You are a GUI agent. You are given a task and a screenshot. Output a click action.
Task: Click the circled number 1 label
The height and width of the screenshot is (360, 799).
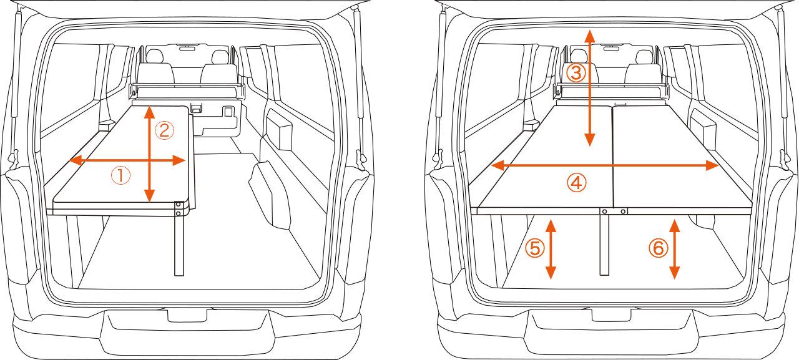tap(120, 176)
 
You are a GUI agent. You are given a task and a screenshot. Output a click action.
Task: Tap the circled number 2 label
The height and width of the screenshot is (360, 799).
tap(164, 130)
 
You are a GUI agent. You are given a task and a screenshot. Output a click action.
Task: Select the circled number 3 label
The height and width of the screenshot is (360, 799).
tap(576, 73)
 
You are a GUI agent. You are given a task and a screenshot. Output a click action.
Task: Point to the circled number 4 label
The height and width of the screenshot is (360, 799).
tap(576, 183)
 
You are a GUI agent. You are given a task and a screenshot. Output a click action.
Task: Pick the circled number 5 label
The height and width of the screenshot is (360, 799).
tap(535, 248)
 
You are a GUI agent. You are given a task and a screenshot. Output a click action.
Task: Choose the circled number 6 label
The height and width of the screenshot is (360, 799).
tap(658, 248)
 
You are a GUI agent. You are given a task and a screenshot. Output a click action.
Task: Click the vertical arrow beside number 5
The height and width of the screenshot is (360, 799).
tap(551, 249)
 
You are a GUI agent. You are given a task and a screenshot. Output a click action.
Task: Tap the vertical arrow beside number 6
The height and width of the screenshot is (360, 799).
tap(674, 249)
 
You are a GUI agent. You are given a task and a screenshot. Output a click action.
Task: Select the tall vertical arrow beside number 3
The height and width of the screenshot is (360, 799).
tap(590, 88)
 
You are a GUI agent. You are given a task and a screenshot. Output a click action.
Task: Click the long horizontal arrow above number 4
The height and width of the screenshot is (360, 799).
tap(605, 165)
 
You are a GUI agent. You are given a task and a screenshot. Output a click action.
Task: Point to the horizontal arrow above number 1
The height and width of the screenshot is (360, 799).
tap(127, 160)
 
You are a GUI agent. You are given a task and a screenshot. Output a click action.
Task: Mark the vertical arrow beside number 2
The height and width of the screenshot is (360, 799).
tap(149, 154)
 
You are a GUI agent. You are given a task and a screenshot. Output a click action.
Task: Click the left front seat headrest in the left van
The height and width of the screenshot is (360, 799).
tap(154, 56)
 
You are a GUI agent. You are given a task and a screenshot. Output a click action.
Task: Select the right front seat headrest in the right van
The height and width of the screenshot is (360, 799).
tap(644, 57)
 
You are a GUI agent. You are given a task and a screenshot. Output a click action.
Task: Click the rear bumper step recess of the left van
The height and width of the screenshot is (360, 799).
tap(187, 315)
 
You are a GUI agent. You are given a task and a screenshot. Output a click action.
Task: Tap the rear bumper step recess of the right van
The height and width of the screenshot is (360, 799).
tap(612, 315)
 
